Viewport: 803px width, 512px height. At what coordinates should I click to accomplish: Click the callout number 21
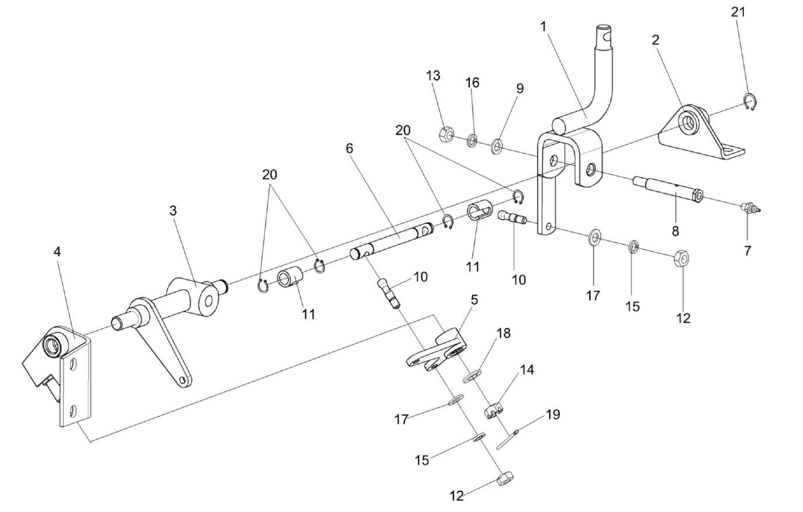[x=738, y=12]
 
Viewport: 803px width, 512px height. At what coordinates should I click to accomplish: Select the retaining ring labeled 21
[x=750, y=101]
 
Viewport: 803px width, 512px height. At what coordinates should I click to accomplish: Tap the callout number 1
[x=543, y=27]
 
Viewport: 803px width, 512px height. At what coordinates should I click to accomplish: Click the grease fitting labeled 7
[x=747, y=207]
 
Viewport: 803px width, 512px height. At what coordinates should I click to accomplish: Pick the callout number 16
[x=472, y=83]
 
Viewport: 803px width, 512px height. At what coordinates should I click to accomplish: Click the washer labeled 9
[x=497, y=144]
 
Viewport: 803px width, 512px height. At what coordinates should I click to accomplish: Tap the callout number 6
[x=350, y=149]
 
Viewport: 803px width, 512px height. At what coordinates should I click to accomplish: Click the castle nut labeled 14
[x=493, y=411]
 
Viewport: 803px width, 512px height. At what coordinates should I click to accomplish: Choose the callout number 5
[x=474, y=300]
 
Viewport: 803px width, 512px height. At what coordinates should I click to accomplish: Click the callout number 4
[x=57, y=252]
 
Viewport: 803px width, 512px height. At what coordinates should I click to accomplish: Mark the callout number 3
[x=173, y=211]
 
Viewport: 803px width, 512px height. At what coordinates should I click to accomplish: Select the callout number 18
[x=503, y=334]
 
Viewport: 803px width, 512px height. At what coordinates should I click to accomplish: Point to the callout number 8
[x=675, y=231]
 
